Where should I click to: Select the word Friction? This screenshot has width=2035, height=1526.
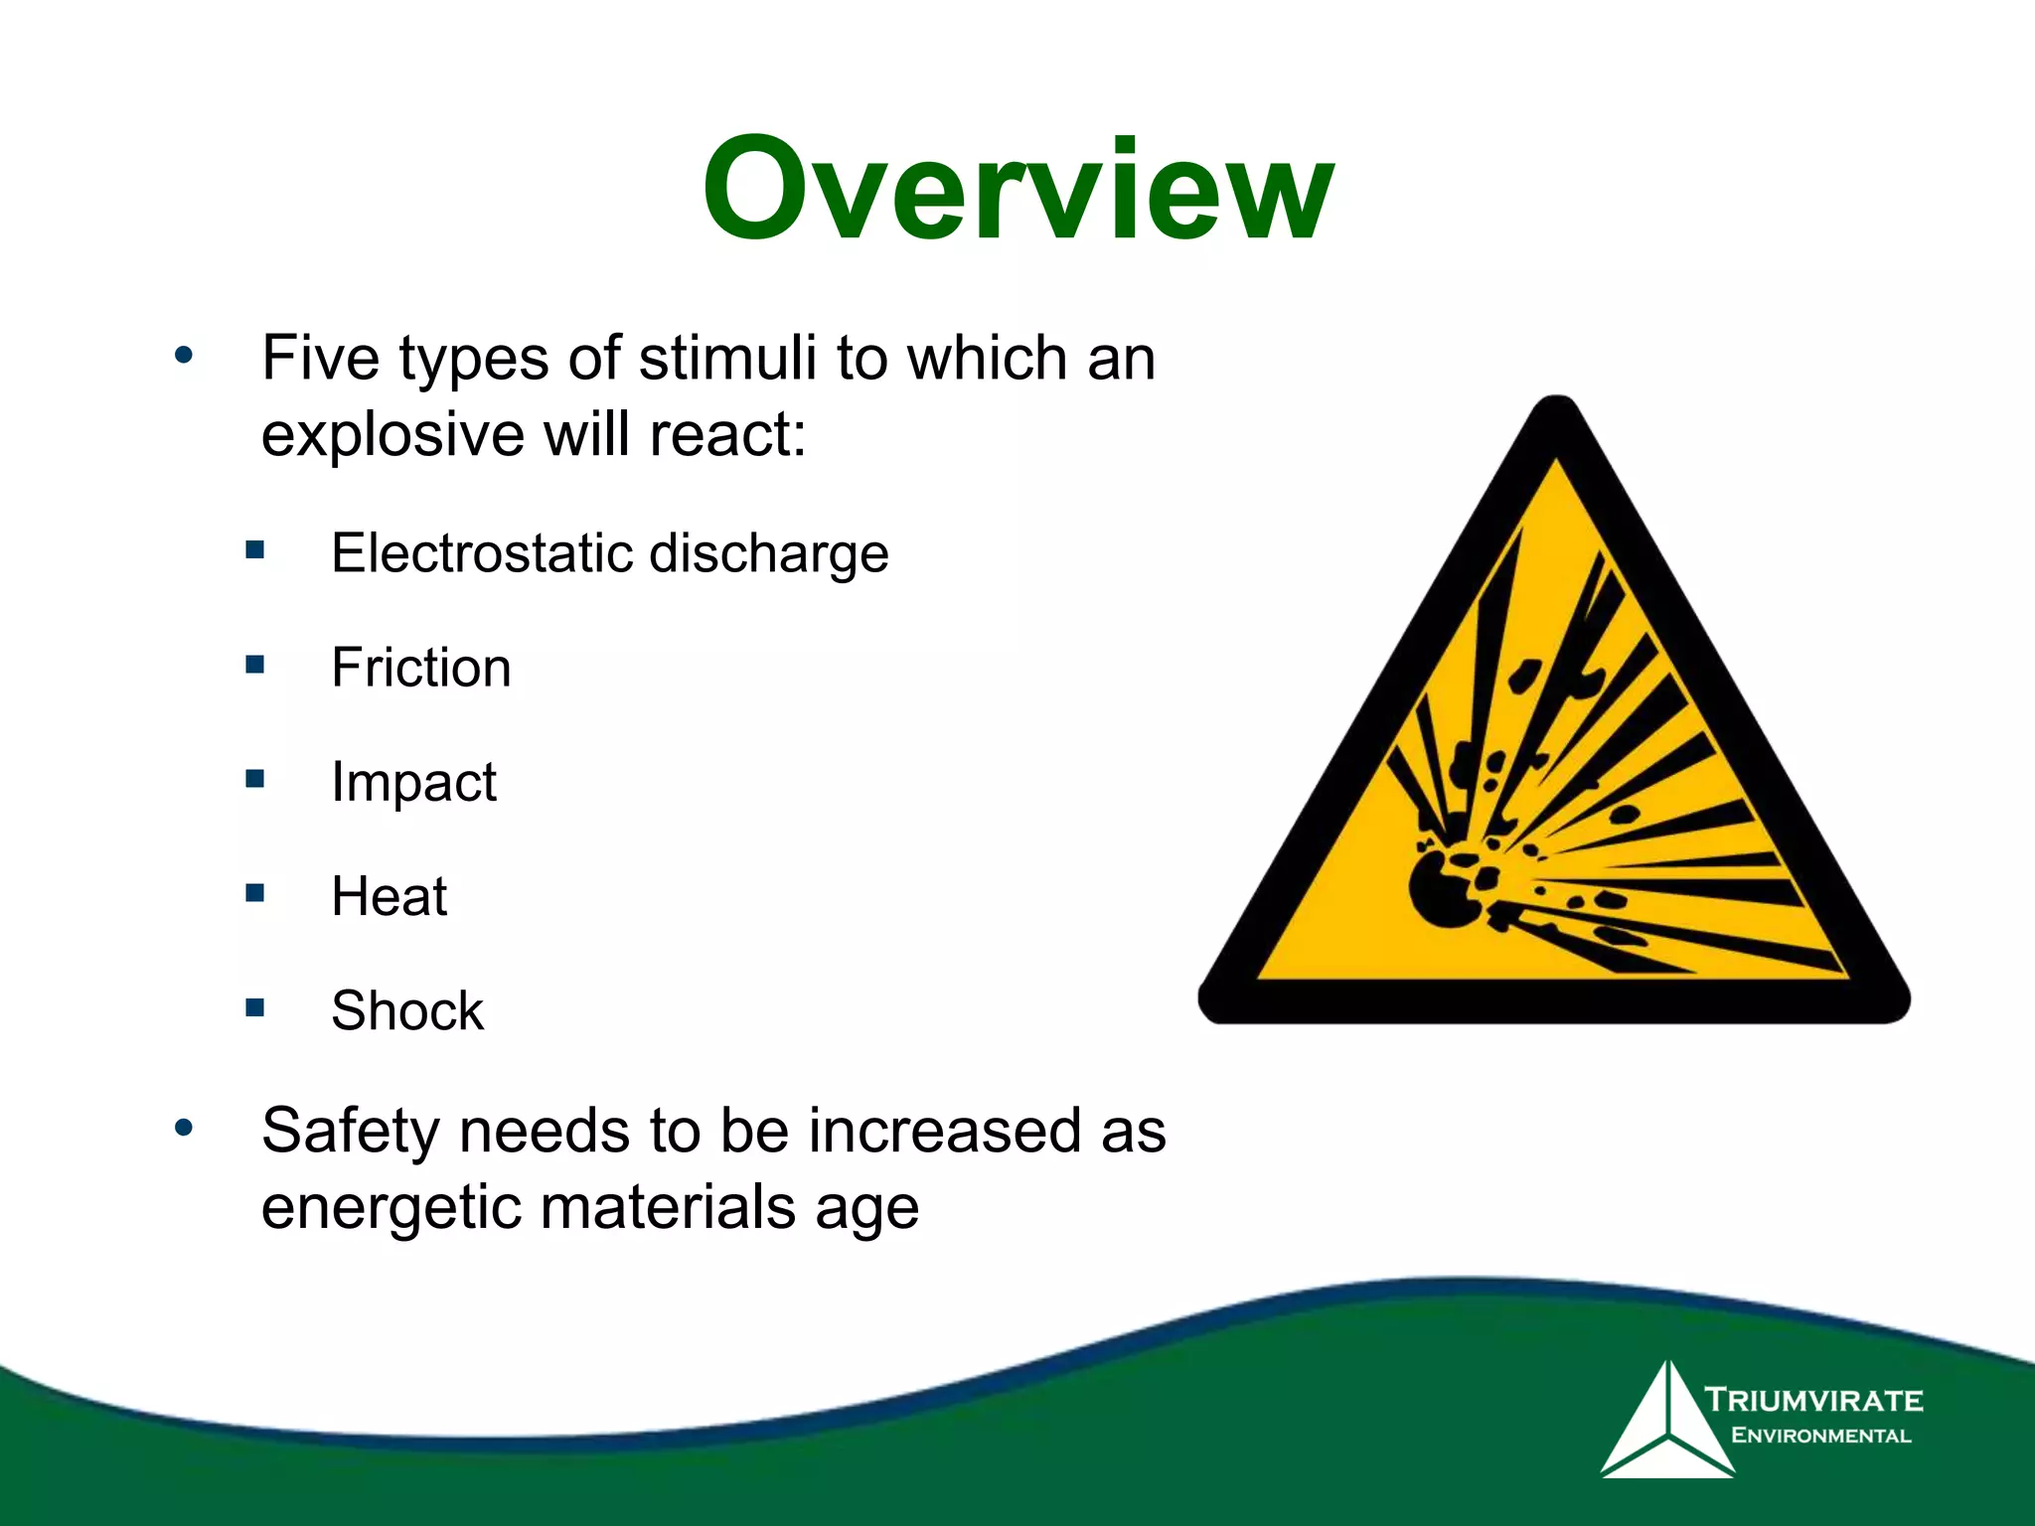pyautogui.click(x=421, y=668)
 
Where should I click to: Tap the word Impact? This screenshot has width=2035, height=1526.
pyautogui.click(x=413, y=783)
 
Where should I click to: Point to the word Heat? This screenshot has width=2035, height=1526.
pyautogui.click(x=389, y=896)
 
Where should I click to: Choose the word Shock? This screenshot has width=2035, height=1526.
pyautogui.click(x=407, y=1011)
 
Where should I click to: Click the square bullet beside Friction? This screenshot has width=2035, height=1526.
pyautogui.click(x=255, y=664)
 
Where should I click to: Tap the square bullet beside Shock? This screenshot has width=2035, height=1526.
pyautogui.click(x=255, y=1007)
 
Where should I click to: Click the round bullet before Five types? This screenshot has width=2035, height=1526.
pyautogui.click(x=184, y=355)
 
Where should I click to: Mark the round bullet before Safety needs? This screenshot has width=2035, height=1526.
pyautogui.click(x=184, y=1128)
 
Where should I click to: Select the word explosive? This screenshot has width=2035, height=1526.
pyautogui.click(x=392, y=437)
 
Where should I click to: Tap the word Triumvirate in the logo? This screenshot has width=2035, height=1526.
pyautogui.click(x=1814, y=1401)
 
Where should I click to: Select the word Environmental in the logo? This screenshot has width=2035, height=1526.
pyautogui.click(x=1820, y=1436)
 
